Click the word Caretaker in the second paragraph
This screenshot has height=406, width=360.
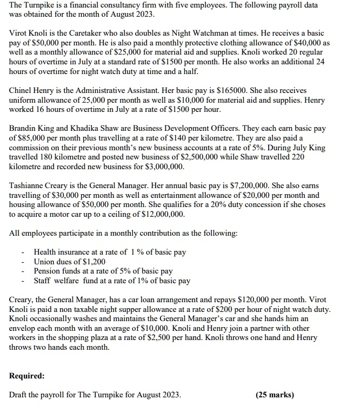[x=91, y=32]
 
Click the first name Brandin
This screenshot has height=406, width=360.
[x=24, y=129]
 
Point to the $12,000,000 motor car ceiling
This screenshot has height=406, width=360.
[x=161, y=214]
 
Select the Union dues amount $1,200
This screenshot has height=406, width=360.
[x=94, y=262]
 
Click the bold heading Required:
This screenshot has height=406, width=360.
[x=27, y=375]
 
